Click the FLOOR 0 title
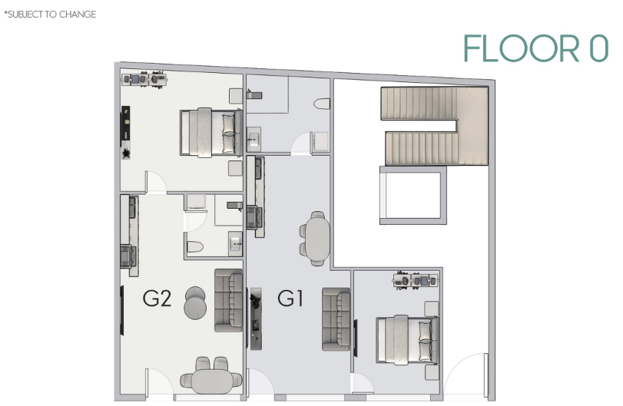click(x=535, y=48)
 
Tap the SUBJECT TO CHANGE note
click(x=50, y=15)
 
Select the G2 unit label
click(x=157, y=299)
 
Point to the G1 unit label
click(x=290, y=299)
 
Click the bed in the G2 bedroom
click(x=211, y=133)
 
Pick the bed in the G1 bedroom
click(x=408, y=339)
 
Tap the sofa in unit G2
click(x=228, y=300)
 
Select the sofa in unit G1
click(x=336, y=319)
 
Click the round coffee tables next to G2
click(x=195, y=302)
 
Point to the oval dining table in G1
click(x=316, y=239)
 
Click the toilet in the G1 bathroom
click(x=322, y=104)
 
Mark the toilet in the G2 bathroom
click(x=195, y=247)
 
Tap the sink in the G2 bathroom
click(x=235, y=244)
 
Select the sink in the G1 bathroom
click(x=254, y=140)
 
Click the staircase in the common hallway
click(x=434, y=126)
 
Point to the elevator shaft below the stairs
click(x=413, y=195)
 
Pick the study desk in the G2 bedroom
click(x=144, y=79)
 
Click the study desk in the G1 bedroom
click(x=416, y=281)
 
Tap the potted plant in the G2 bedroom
click(x=126, y=153)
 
